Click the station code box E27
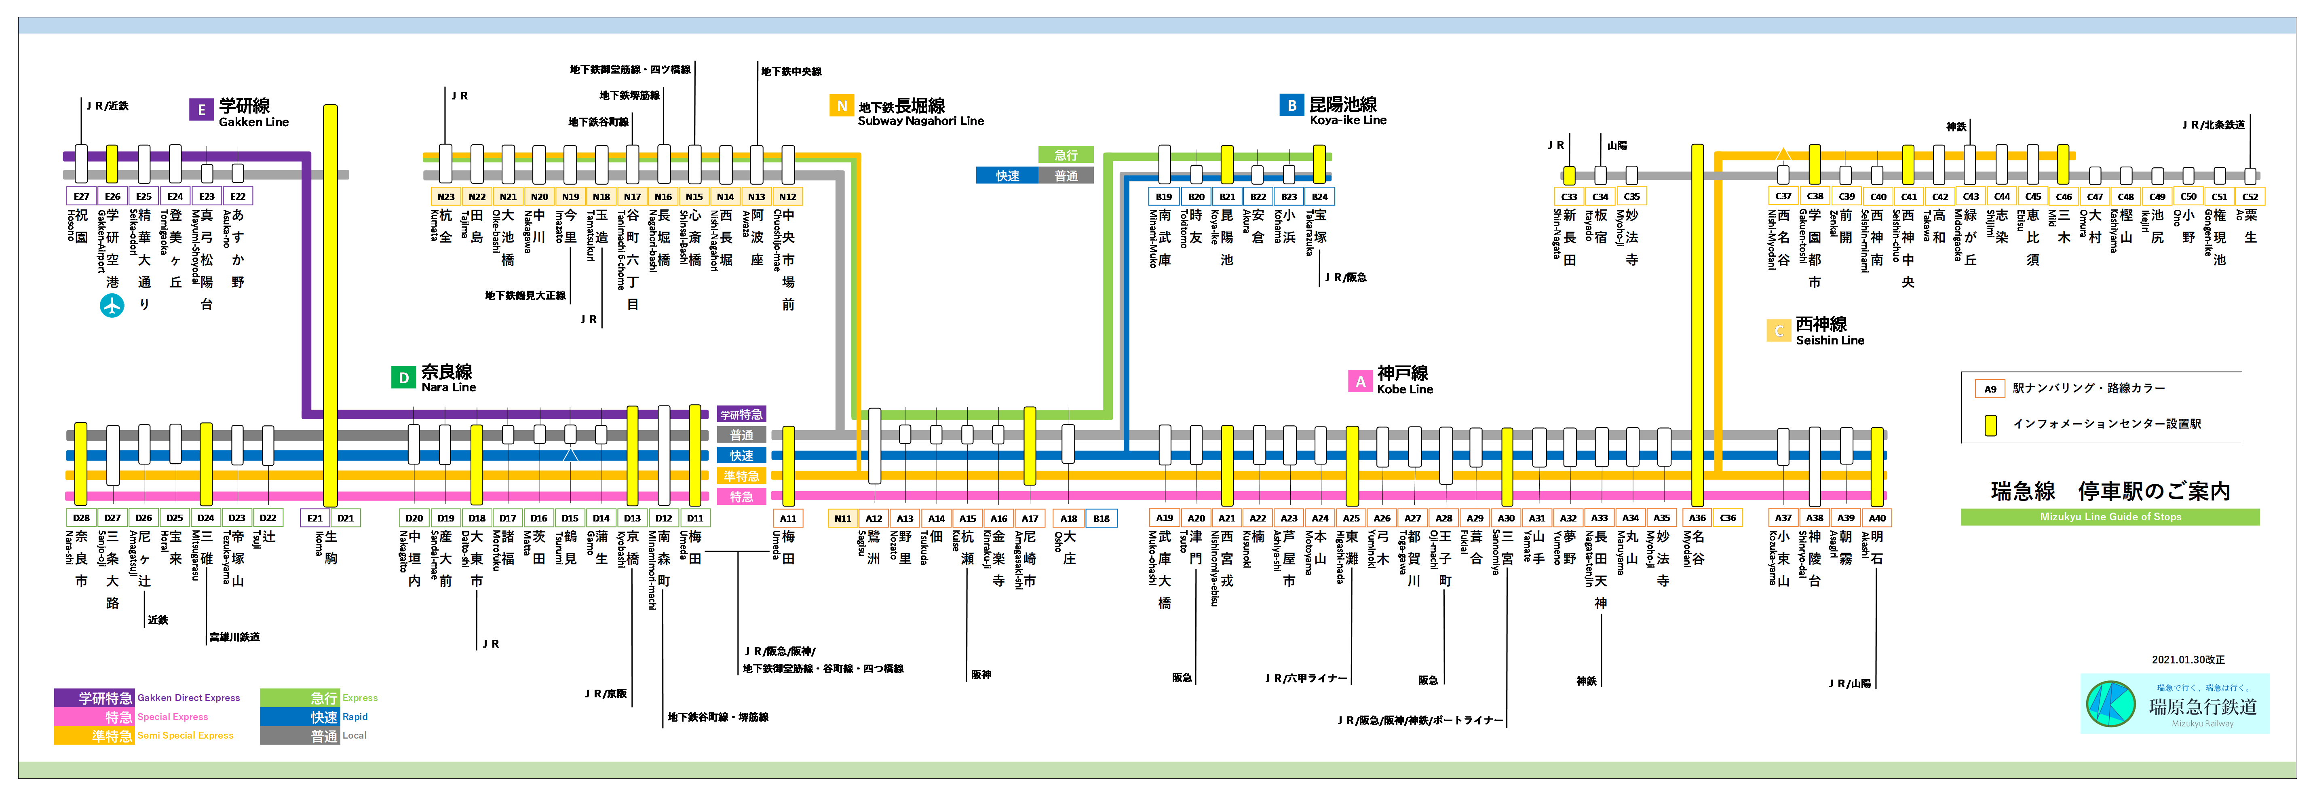point(81,196)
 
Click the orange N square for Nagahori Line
point(841,106)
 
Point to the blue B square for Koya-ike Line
point(1292,105)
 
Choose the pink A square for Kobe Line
point(1360,381)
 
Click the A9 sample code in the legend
point(1990,389)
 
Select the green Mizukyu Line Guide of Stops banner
point(2109,517)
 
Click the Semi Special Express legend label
point(185,736)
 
